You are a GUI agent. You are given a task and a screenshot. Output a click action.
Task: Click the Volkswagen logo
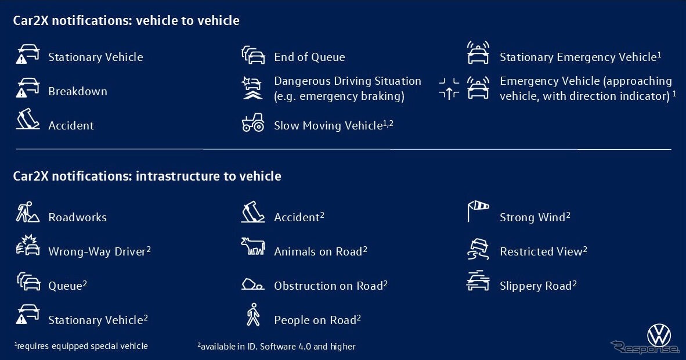click(659, 336)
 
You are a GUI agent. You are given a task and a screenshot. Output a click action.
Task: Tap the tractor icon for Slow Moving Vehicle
click(253, 123)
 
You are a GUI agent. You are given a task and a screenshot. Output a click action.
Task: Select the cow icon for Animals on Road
click(253, 246)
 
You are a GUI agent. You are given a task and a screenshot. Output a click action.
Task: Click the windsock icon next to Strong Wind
click(478, 211)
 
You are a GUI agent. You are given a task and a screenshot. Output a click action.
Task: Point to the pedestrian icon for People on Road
click(253, 315)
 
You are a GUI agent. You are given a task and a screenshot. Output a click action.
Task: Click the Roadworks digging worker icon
click(27, 212)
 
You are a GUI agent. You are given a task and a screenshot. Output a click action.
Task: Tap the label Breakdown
click(77, 91)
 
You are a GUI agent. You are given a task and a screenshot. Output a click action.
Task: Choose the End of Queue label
click(309, 57)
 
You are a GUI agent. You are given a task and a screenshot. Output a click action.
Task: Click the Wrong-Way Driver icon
click(27, 245)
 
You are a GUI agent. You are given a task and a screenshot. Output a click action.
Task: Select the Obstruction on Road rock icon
click(252, 285)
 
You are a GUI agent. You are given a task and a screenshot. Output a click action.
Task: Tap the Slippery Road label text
click(538, 286)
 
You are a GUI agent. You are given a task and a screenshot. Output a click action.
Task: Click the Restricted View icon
click(478, 249)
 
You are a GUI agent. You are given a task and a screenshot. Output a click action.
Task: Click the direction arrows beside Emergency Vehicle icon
click(449, 88)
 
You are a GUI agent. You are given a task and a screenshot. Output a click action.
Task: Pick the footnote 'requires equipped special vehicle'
click(81, 346)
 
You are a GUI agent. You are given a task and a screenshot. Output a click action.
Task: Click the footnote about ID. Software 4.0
click(276, 347)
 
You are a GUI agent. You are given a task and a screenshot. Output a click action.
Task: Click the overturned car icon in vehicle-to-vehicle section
click(27, 119)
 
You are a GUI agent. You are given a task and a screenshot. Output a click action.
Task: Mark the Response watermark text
click(645, 348)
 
